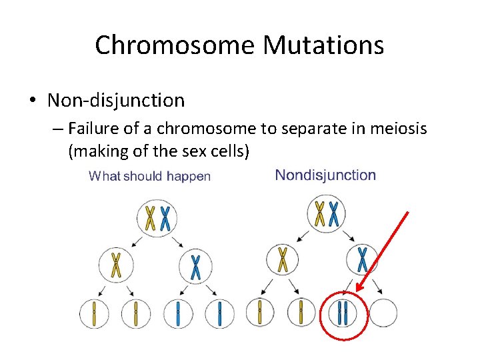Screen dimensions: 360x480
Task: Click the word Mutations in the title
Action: pos(323,45)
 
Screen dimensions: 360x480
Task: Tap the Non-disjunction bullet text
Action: pos(116,101)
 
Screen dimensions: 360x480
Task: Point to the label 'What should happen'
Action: pos(149,177)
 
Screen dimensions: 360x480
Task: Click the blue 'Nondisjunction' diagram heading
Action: pos(325,175)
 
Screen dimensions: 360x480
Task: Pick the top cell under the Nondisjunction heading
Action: pos(327,214)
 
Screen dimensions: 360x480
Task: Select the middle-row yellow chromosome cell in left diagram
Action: pos(117,265)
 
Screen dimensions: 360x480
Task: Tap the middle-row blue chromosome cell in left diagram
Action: pos(195,266)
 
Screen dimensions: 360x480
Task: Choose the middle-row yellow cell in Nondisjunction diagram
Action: pos(283,260)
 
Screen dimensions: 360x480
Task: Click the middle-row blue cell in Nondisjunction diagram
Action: pos(362,259)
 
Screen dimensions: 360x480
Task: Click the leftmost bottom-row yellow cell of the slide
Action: pos(94,313)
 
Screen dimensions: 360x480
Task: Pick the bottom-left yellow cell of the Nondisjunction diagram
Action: pos(259,312)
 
